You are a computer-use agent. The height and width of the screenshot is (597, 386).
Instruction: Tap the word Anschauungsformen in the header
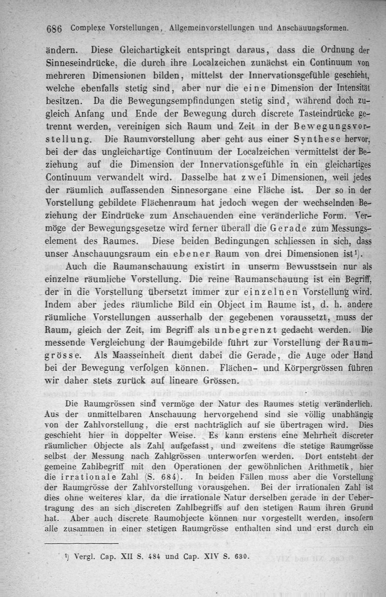click(x=314, y=28)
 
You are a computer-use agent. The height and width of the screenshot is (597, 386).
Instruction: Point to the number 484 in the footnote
click(x=155, y=556)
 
